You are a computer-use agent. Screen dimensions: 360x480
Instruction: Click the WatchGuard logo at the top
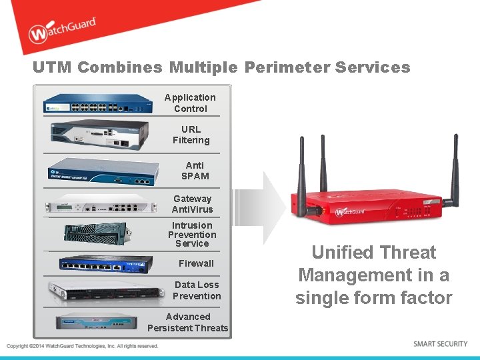point(62,31)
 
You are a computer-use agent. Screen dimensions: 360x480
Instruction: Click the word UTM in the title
point(53,67)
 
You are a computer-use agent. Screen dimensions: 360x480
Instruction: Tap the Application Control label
point(190,103)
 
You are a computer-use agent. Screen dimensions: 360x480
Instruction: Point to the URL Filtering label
point(191,135)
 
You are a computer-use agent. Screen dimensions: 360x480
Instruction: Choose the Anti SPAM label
point(195,171)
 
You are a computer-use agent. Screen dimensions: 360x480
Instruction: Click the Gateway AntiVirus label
point(192,204)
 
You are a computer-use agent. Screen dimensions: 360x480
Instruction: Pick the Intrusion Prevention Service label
point(192,235)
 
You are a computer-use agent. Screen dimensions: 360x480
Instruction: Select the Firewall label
point(196,263)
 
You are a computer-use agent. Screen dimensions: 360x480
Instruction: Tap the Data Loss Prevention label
point(197,290)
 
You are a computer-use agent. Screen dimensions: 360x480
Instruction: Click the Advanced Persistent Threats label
point(187,322)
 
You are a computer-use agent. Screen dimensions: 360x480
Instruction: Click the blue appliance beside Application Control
point(98,104)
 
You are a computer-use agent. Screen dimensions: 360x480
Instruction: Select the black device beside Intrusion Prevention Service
point(95,233)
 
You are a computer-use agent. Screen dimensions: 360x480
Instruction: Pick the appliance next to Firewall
point(100,264)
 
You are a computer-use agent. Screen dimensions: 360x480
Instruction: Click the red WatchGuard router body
point(367,207)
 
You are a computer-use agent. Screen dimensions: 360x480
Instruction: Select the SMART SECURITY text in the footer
point(440,344)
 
